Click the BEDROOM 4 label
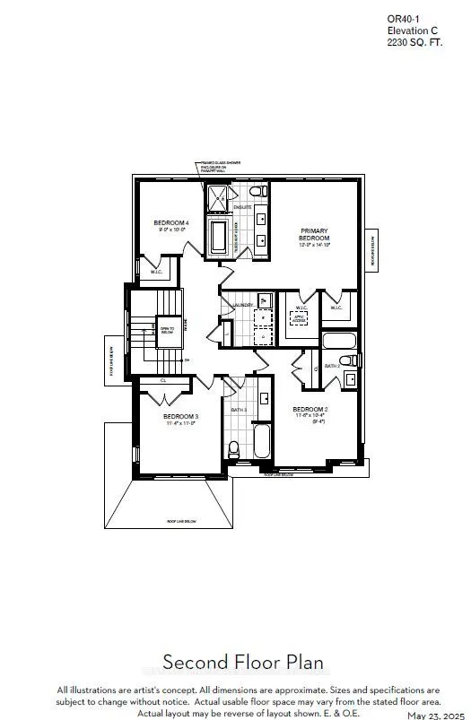click(170, 222)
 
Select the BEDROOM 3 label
click(180, 417)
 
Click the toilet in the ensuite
click(256, 193)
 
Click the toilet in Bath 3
click(234, 447)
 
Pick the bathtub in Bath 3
click(261, 443)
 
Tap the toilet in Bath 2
click(354, 360)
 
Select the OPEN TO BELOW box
click(167, 330)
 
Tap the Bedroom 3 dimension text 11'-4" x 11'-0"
click(180, 424)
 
